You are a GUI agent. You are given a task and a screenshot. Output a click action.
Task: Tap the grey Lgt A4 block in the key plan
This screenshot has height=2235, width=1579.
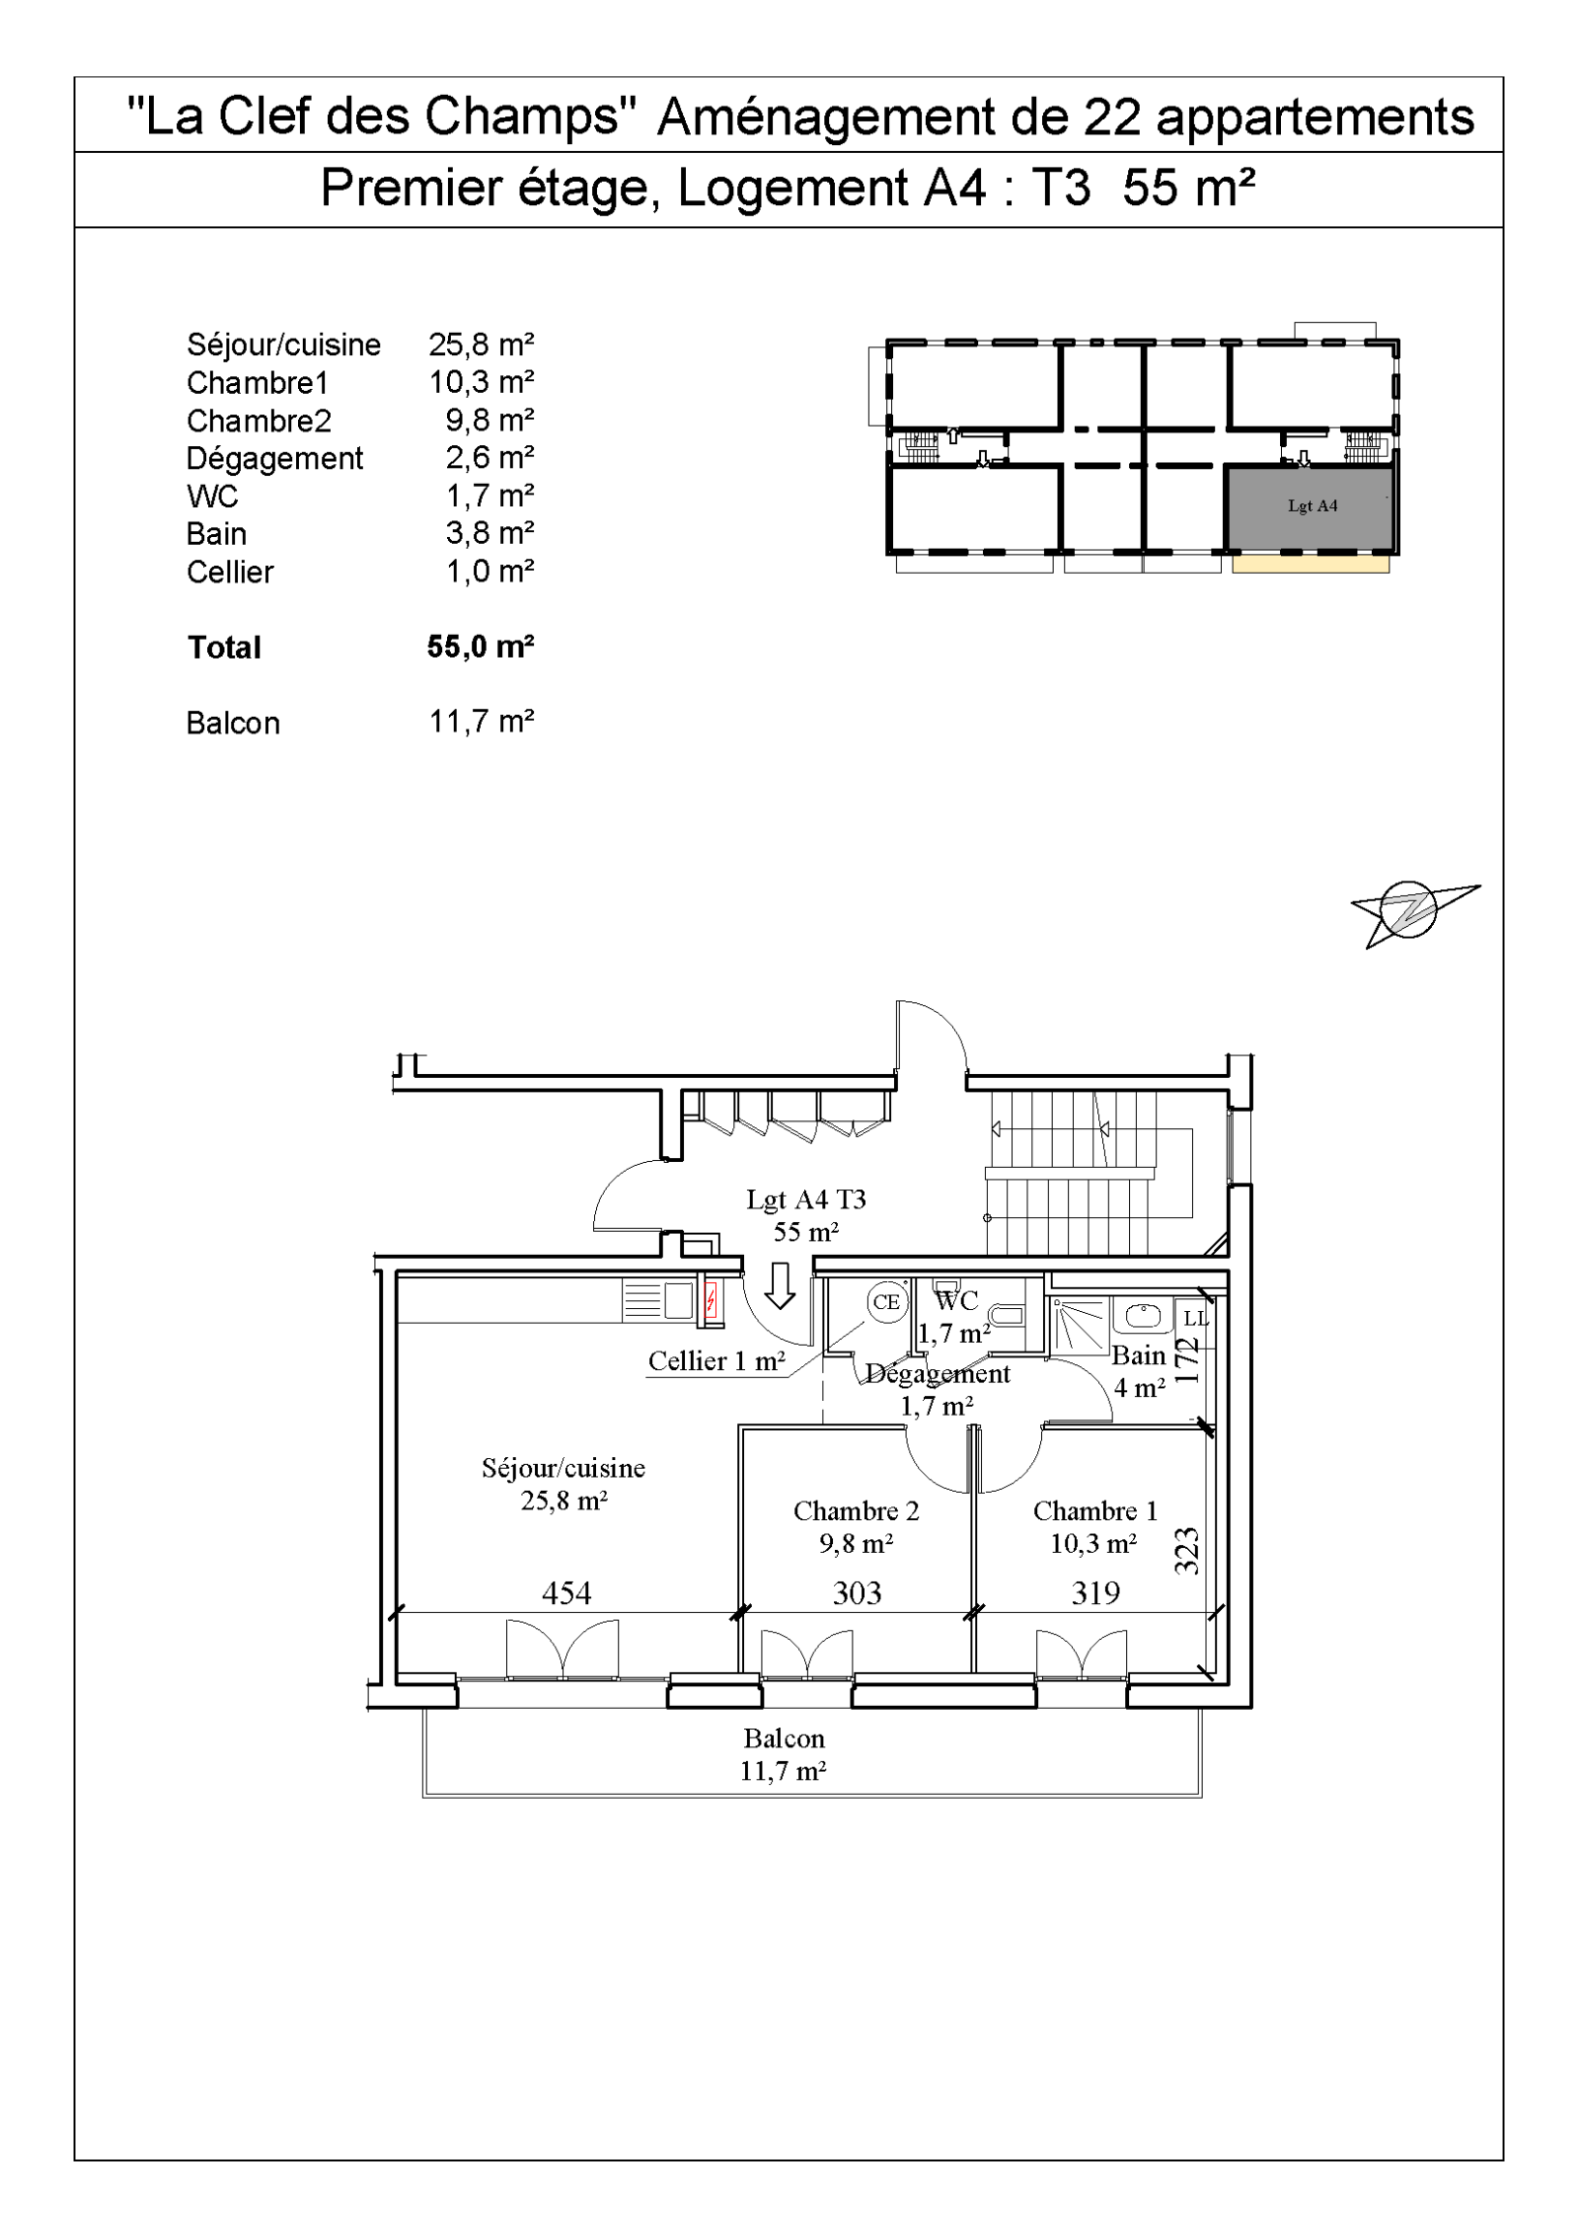pyautogui.click(x=1310, y=506)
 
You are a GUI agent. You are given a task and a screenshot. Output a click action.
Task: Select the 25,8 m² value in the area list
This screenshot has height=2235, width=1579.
pyautogui.click(x=481, y=345)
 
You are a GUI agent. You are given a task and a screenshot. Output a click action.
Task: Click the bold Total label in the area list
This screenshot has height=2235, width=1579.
pyautogui.click(x=224, y=648)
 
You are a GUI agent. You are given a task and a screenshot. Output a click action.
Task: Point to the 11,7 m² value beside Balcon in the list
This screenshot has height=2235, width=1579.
pyautogui.click(x=481, y=722)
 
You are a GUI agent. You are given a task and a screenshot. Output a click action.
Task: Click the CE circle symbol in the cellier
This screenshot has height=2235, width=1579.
pyautogui.click(x=885, y=1302)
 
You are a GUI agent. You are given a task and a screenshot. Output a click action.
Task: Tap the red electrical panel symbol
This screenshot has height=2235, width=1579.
pyautogui.click(x=709, y=1299)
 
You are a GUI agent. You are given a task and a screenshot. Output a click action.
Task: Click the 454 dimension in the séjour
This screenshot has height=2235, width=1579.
pyautogui.click(x=566, y=1592)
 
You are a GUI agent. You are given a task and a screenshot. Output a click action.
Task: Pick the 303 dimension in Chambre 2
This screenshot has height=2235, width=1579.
pyautogui.click(x=857, y=1592)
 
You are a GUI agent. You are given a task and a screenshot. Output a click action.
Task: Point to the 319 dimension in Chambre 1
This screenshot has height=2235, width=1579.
pyautogui.click(x=1095, y=1592)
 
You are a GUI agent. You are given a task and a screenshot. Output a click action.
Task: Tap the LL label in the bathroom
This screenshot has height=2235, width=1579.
pyautogui.click(x=1195, y=1319)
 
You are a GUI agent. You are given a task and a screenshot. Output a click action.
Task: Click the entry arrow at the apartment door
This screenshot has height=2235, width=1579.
pyautogui.click(x=781, y=1285)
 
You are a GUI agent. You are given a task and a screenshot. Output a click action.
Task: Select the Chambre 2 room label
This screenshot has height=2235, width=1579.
pyautogui.click(x=856, y=1510)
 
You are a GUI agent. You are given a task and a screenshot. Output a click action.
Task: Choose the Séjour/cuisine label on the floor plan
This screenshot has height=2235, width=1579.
pyautogui.click(x=564, y=1468)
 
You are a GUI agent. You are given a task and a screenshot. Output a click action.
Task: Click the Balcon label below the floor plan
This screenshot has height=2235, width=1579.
pyautogui.click(x=784, y=1737)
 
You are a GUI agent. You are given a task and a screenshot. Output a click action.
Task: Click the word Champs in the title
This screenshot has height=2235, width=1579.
pyautogui.click(x=525, y=116)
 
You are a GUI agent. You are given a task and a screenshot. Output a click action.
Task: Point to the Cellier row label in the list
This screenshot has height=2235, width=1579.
pyautogui.click(x=230, y=573)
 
